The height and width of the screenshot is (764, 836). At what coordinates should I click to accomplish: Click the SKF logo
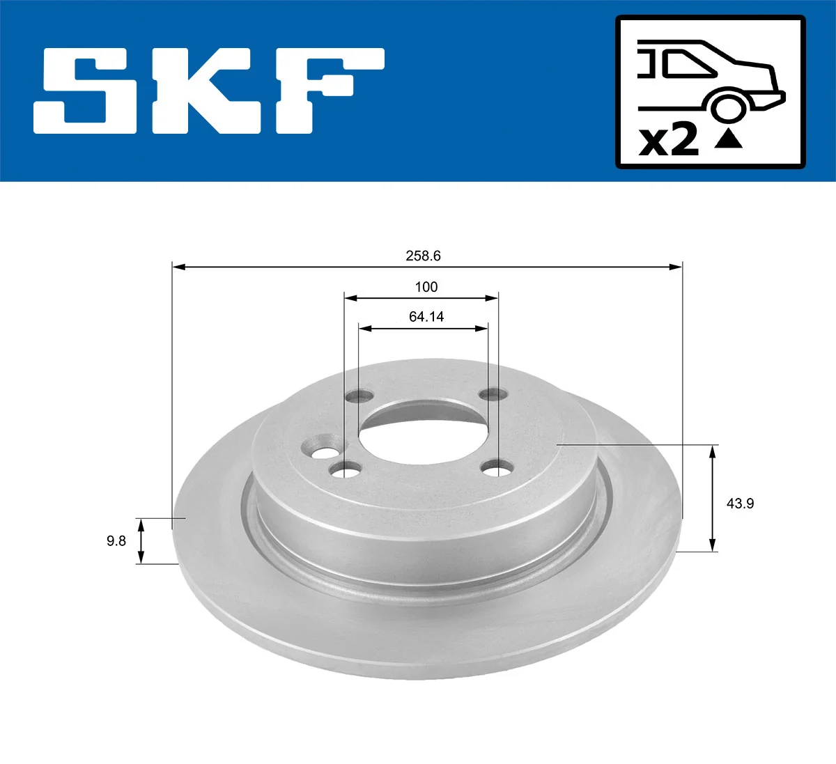click(x=209, y=91)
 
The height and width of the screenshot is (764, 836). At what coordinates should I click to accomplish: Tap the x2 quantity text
click(x=668, y=141)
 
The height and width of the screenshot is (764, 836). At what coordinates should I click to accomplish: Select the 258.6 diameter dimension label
click(x=423, y=256)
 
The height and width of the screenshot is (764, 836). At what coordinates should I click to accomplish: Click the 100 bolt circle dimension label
click(x=426, y=287)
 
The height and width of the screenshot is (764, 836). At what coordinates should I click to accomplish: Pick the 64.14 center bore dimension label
click(x=426, y=317)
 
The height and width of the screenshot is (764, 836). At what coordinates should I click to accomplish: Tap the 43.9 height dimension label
click(x=740, y=503)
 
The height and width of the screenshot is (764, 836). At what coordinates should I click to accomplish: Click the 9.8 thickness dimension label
click(x=116, y=540)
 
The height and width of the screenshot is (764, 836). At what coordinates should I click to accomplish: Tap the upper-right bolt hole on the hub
click(x=494, y=395)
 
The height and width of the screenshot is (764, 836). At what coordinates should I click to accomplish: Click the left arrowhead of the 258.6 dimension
click(x=178, y=266)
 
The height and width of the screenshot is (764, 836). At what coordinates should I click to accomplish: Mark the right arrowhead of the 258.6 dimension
click(x=676, y=266)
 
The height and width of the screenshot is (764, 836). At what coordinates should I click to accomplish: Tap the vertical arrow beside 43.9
click(x=712, y=498)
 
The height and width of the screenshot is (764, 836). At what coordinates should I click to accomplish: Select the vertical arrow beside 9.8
click(x=141, y=541)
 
